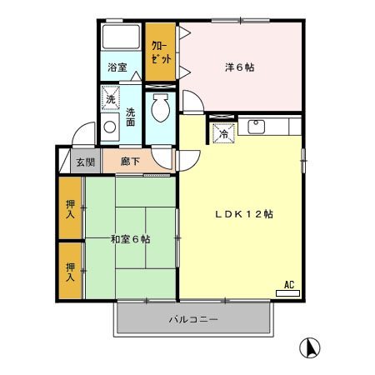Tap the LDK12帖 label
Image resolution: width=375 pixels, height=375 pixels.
(241, 213)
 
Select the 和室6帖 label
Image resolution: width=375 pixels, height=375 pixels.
(130, 239)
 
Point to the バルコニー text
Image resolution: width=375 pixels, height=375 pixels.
(193, 318)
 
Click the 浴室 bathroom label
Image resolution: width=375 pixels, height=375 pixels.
(117, 67)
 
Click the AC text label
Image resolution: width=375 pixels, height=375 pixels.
(290, 283)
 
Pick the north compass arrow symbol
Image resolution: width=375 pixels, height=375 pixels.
(310, 347)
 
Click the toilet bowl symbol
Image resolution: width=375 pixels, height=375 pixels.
(161, 107)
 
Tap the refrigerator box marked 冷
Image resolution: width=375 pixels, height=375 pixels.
(222, 132)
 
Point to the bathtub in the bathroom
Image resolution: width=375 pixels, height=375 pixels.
(122, 38)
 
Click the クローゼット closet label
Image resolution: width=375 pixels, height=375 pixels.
(159, 52)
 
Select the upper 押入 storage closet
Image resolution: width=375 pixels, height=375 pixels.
(72, 208)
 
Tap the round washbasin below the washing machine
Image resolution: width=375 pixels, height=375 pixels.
(108, 128)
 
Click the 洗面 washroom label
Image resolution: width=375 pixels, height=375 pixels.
(132, 117)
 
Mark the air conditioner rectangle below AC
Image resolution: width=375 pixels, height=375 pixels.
(287, 292)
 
